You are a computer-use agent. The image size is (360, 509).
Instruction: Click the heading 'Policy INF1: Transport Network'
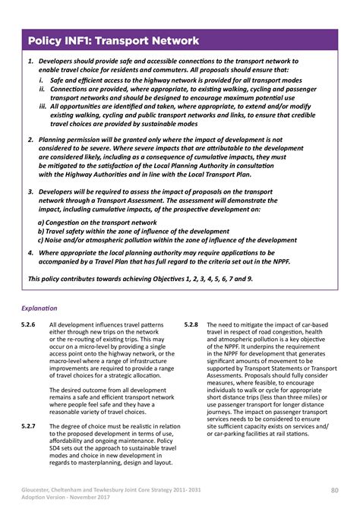point(113,40)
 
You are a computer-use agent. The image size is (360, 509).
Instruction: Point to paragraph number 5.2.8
point(191,324)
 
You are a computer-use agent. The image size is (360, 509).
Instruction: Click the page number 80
point(333,488)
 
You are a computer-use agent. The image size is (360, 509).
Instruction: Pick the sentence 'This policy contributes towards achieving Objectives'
point(141,279)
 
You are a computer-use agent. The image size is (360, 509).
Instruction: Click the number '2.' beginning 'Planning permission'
point(30,141)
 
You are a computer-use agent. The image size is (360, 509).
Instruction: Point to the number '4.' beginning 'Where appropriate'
point(30,251)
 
